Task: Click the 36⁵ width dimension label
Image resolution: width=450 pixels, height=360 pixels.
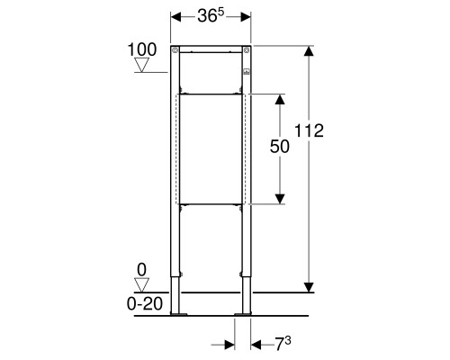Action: click(211, 15)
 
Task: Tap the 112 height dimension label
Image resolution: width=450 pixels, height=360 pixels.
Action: click(309, 130)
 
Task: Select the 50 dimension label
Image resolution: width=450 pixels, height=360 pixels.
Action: click(280, 147)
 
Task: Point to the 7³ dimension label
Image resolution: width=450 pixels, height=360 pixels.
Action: click(283, 344)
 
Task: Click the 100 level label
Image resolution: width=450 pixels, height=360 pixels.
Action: click(142, 49)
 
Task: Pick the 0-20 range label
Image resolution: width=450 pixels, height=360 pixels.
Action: click(145, 303)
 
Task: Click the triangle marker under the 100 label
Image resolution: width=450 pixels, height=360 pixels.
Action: click(141, 65)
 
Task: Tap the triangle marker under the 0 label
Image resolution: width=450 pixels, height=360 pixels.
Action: click(141, 284)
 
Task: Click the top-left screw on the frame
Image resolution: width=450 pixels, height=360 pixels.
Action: click(175, 50)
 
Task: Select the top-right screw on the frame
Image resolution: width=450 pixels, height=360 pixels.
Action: click(247, 50)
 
